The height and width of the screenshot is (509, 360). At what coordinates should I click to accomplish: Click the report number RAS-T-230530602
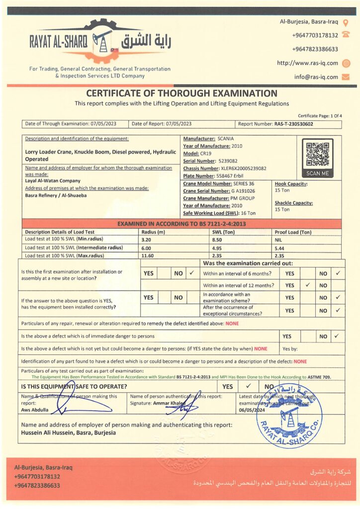coord(294,124)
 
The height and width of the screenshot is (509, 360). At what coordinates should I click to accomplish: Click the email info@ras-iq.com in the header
coord(316,77)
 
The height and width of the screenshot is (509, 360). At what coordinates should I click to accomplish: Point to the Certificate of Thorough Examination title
coord(181,93)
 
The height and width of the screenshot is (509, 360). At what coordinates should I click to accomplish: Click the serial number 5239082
coord(228,161)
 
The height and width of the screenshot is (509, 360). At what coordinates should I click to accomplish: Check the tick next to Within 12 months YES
coord(308,285)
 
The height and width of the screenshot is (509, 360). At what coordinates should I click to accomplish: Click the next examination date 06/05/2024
coord(251,410)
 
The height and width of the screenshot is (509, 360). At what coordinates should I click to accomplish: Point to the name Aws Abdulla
coord(35,410)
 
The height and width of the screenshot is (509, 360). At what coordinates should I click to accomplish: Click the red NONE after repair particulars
coord(232,324)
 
